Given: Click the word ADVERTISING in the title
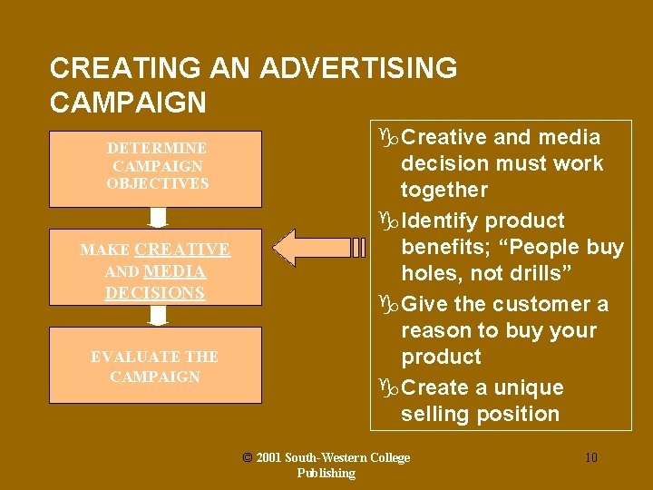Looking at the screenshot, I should [x=358, y=68].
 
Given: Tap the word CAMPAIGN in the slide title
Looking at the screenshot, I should [x=128, y=103].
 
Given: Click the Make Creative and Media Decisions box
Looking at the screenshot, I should [x=155, y=269].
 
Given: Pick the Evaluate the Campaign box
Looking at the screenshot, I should [x=155, y=365].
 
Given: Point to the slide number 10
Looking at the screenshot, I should [x=590, y=457].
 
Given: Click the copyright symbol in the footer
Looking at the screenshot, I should [x=248, y=457].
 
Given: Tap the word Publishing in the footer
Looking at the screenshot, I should [x=326, y=473].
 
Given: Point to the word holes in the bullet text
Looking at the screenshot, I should [x=429, y=273].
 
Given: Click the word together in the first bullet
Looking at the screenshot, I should [x=444, y=190].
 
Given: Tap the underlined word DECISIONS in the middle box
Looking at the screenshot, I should [x=155, y=292].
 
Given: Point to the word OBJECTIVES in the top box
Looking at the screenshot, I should [x=157, y=183].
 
